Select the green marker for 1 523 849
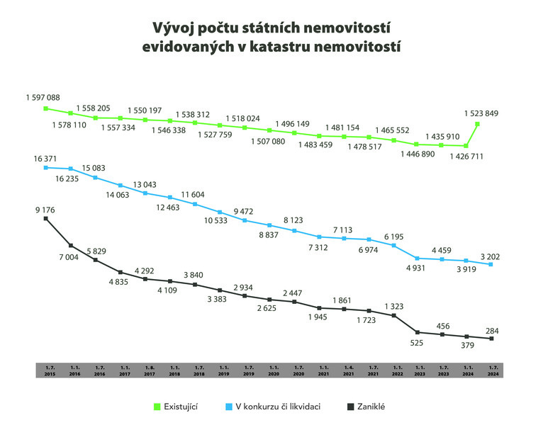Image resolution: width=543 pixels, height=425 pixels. [478, 124]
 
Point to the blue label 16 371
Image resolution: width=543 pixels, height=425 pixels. [43, 160]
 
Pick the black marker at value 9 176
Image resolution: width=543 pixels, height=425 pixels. [45, 219]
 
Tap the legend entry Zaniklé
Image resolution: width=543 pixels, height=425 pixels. [371, 407]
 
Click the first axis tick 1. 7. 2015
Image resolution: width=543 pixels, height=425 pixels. [50, 370]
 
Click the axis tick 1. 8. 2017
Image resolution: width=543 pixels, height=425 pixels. [149, 370]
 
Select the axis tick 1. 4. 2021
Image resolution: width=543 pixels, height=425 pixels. [348, 370]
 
